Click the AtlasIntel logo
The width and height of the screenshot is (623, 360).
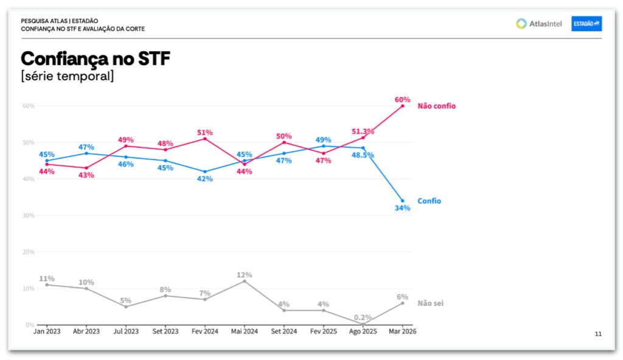pos(538,24)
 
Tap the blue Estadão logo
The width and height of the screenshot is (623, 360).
pos(586,24)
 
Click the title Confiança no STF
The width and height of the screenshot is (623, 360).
pos(96,59)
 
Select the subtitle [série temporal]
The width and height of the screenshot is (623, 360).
pos(67,77)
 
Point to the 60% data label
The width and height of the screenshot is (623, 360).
pos(402,100)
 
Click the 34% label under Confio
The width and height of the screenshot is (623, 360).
pos(402,208)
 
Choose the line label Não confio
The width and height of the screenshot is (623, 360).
pos(436,106)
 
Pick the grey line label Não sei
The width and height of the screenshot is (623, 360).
pos(430,303)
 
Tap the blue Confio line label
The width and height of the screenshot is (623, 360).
pos(429,201)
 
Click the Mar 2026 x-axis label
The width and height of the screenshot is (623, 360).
pos(402,331)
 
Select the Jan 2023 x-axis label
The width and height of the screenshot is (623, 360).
pos(47,331)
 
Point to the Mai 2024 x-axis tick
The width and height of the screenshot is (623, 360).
pos(244,331)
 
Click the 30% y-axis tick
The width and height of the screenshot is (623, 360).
pos(29,215)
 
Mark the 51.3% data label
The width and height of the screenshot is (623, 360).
pos(363,132)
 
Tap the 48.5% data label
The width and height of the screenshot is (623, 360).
pos(363,156)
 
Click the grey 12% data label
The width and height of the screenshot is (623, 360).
pos(245,275)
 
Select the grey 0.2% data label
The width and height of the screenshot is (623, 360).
pos(363,317)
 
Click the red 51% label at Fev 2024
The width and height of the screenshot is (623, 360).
pos(204,133)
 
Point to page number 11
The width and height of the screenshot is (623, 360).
pos(598,334)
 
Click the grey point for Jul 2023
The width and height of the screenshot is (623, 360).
pos(126,306)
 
